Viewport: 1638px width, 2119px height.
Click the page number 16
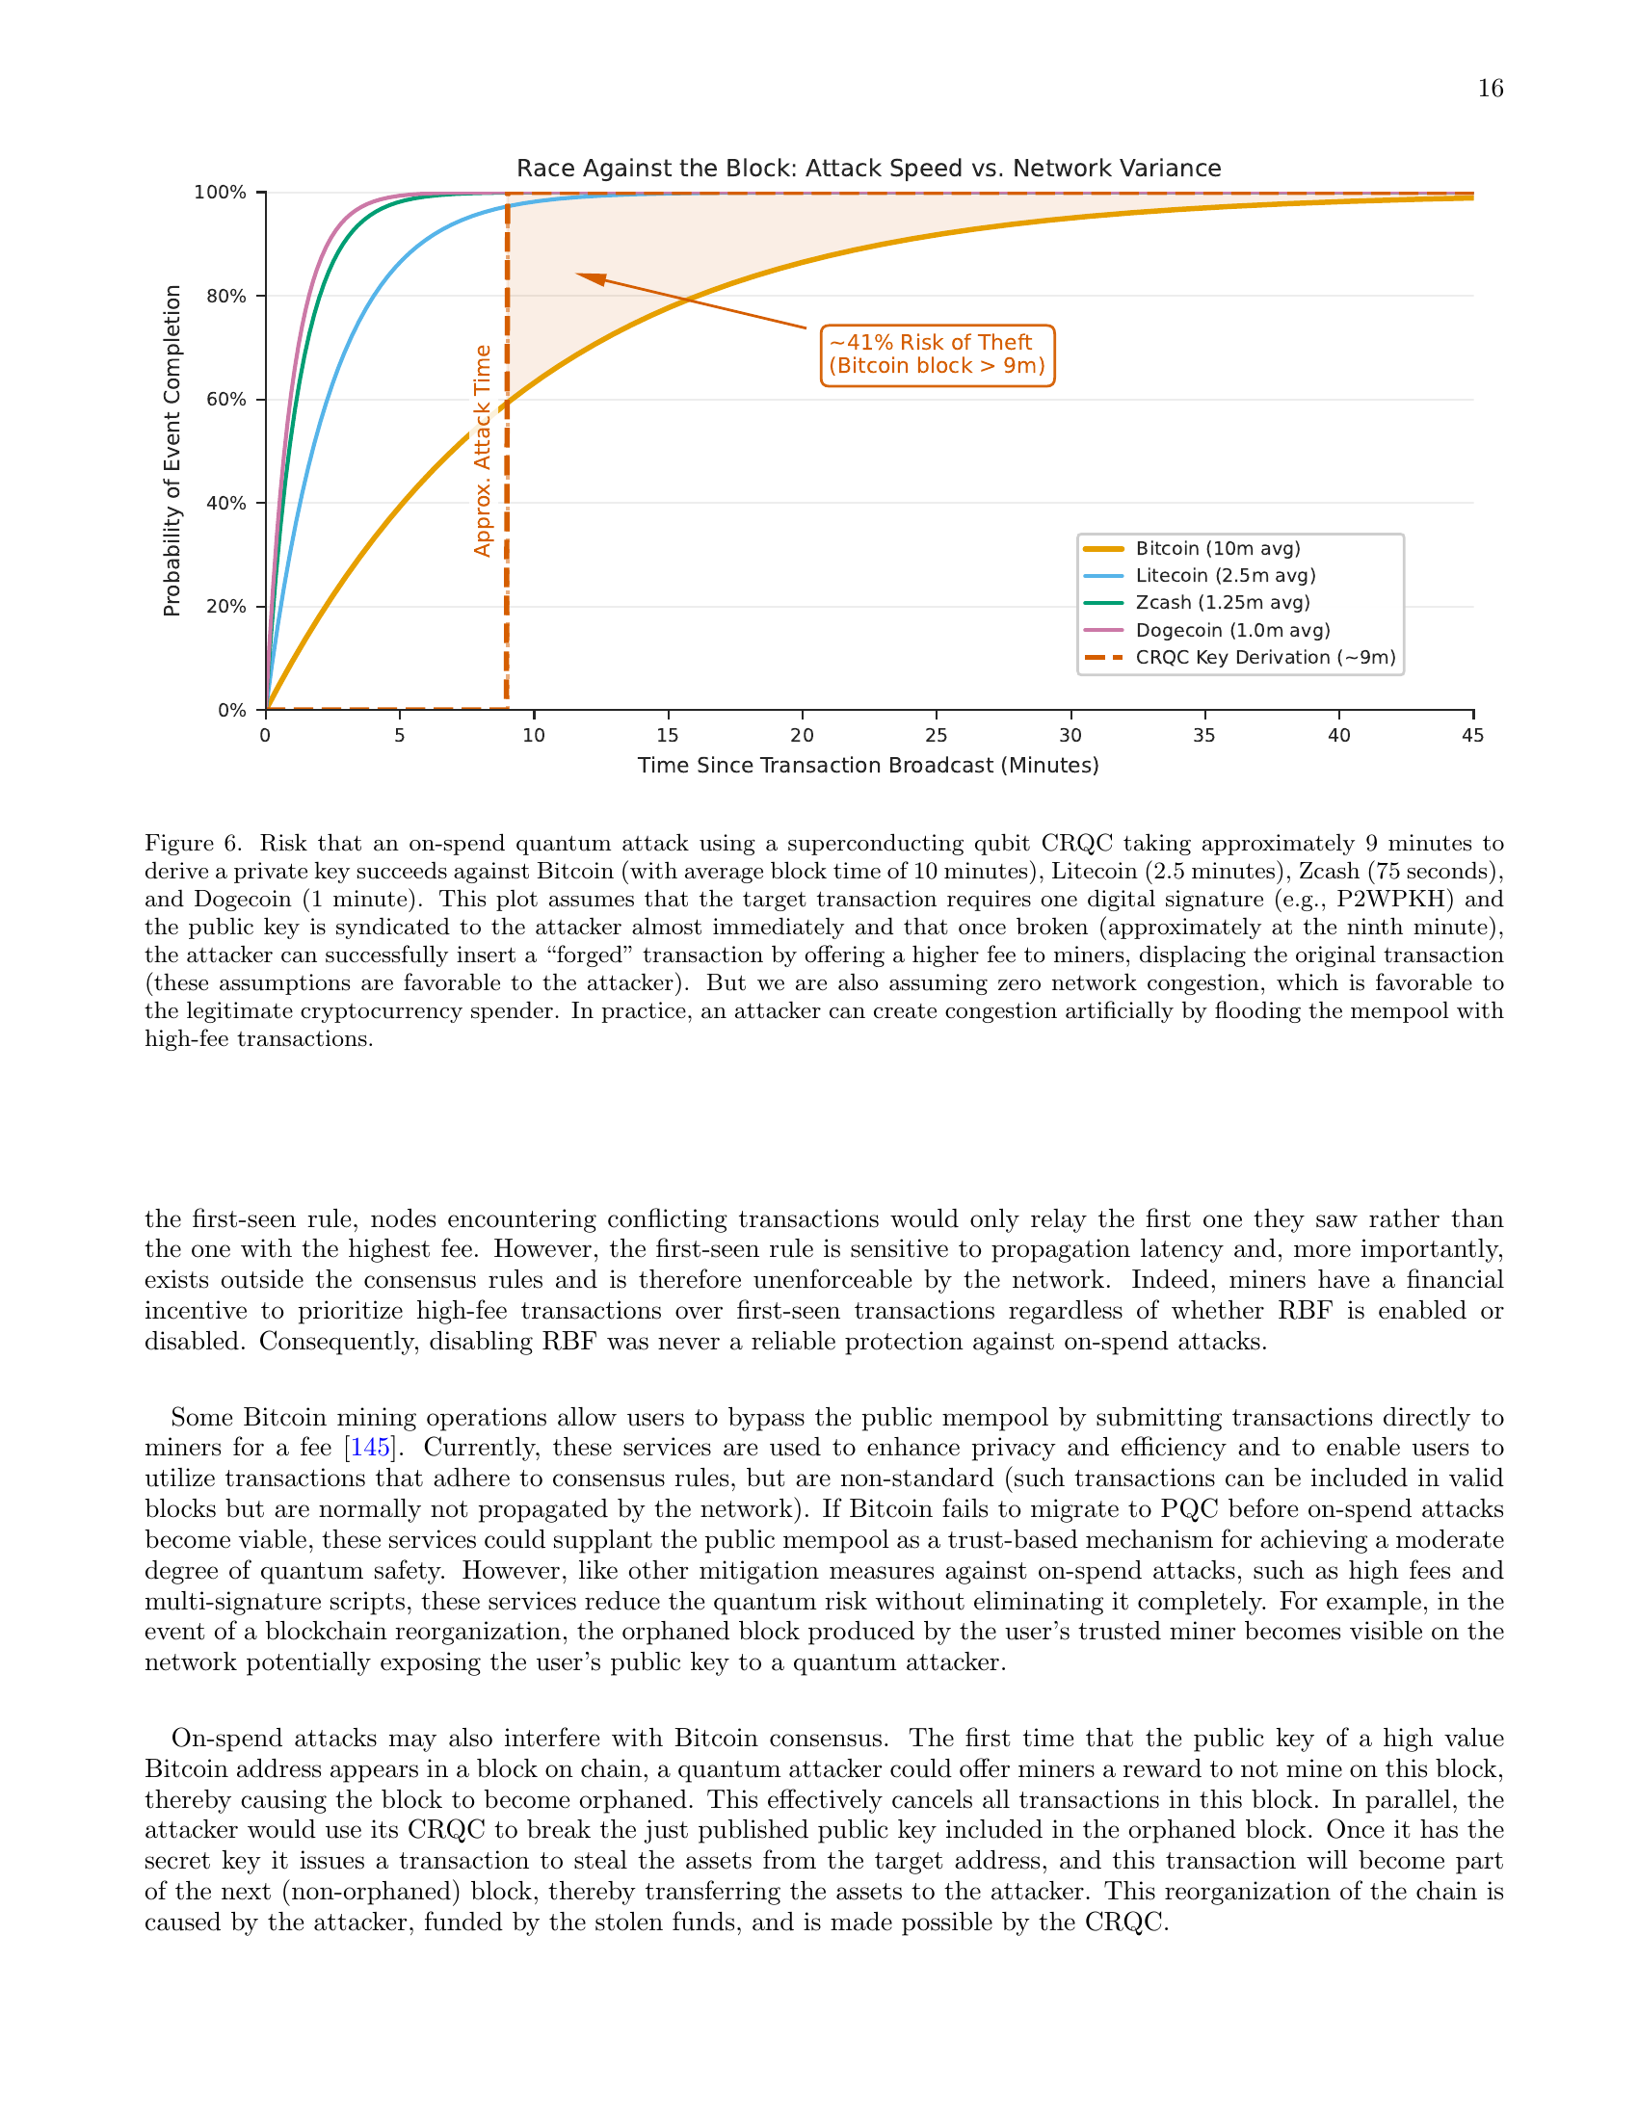(1490, 90)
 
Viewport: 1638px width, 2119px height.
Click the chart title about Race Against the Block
(867, 168)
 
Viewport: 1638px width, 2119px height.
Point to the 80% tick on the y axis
(226, 296)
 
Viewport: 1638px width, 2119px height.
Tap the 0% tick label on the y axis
(232, 710)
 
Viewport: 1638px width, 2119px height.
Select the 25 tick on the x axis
(936, 736)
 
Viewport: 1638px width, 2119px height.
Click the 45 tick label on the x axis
(1472, 736)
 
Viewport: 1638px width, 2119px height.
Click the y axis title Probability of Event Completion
(172, 450)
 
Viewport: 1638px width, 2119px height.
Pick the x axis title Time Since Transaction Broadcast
(867, 766)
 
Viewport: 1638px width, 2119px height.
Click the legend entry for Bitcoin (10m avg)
(1217, 548)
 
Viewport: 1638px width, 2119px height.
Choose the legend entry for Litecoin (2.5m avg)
(1225, 575)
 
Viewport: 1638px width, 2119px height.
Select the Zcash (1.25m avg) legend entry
(1222, 603)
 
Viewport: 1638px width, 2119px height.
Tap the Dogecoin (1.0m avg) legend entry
(1232, 630)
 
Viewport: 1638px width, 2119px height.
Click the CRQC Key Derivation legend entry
(1264, 657)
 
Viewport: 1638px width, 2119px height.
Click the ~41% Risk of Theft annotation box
(937, 354)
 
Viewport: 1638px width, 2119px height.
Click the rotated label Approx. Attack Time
(483, 450)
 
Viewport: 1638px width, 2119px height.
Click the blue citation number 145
(370, 1448)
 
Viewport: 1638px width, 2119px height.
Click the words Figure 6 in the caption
(191, 843)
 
